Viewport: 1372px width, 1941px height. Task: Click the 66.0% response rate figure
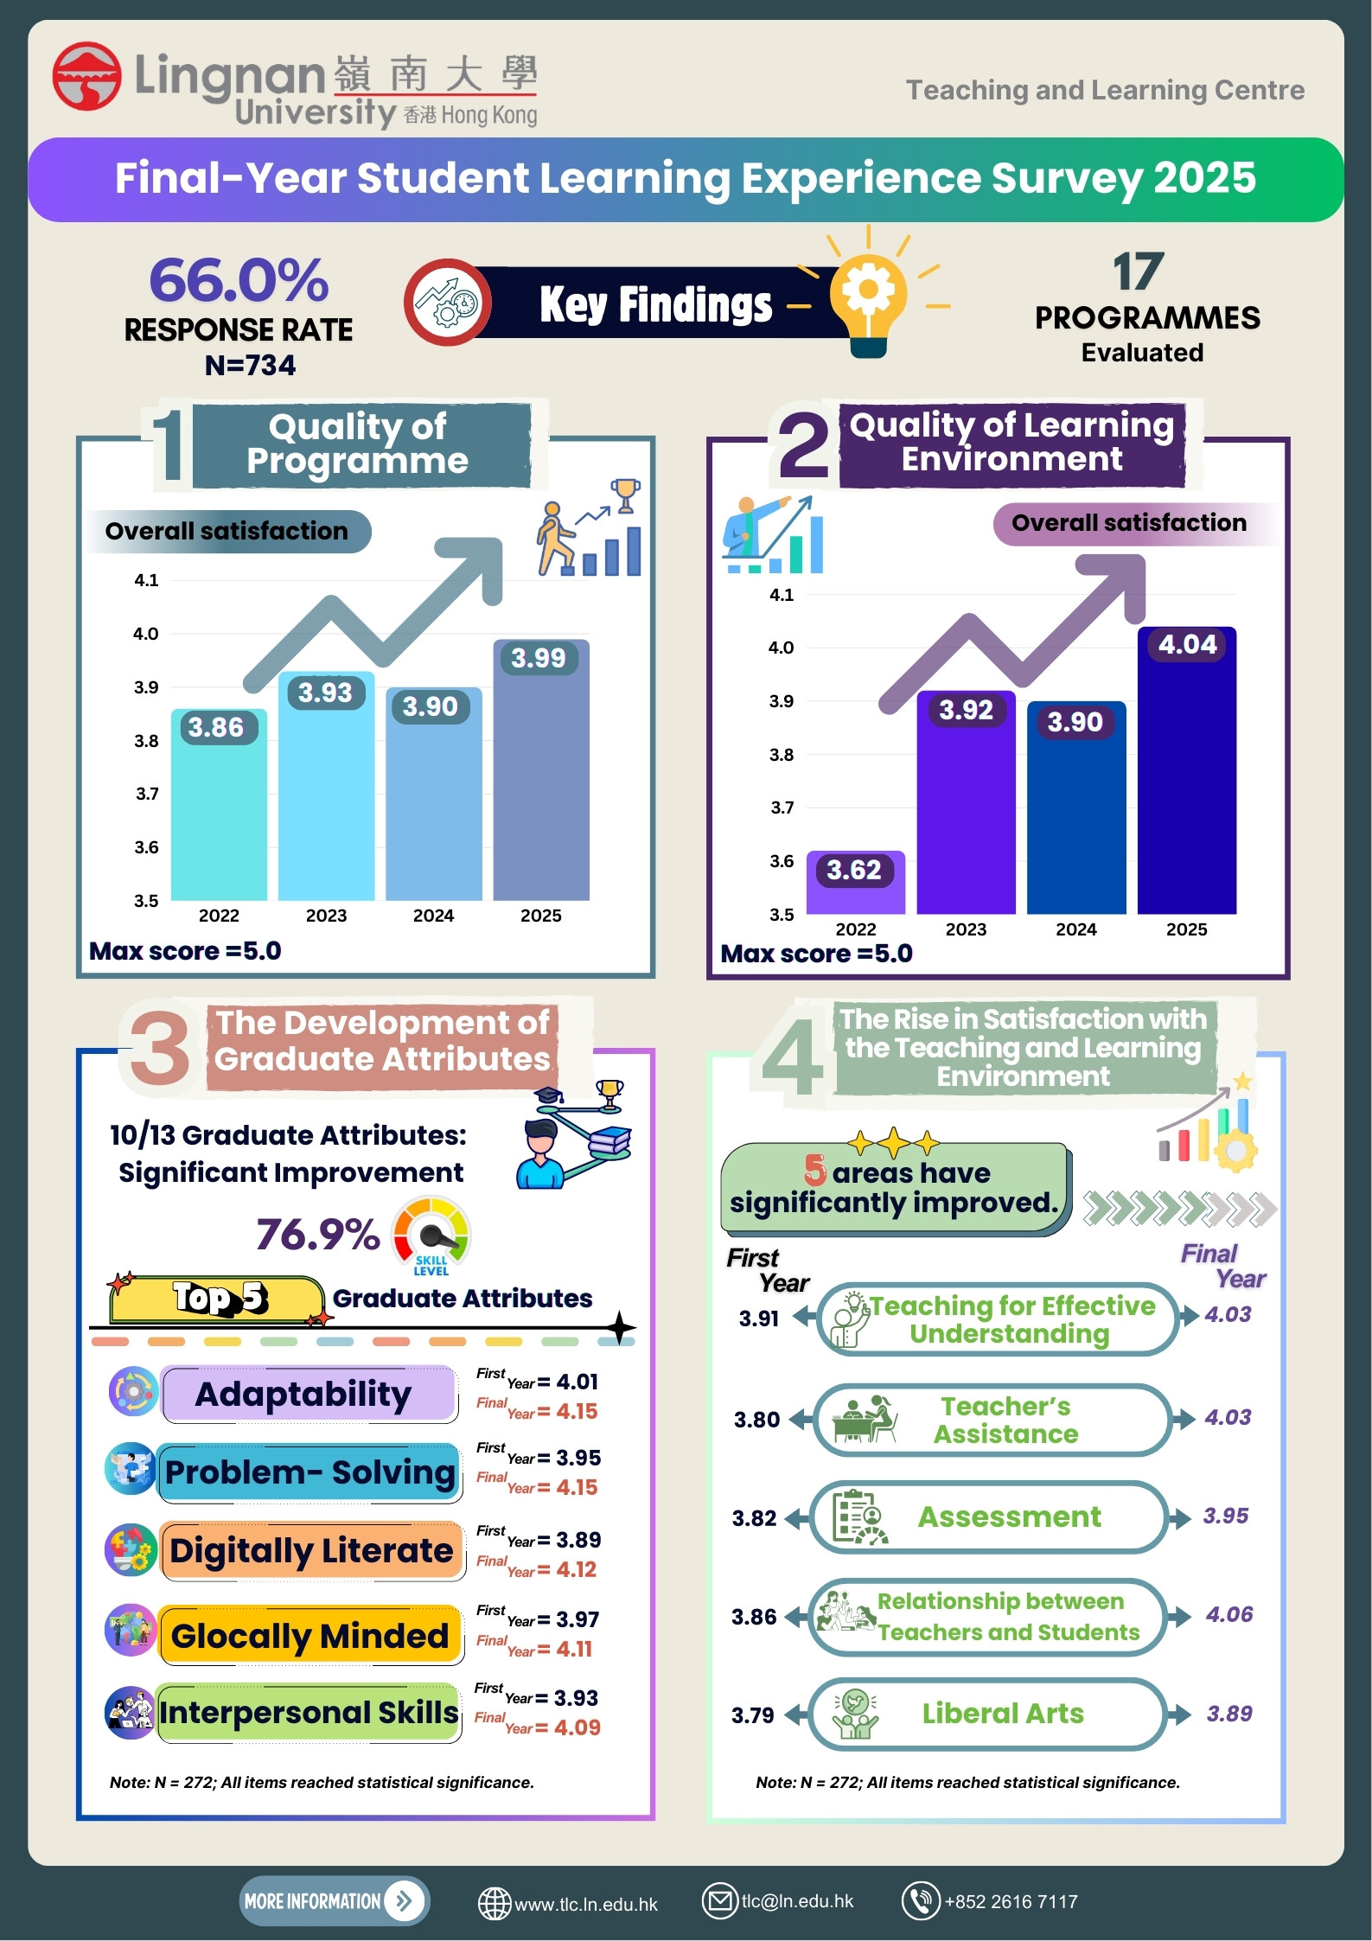coord(239,279)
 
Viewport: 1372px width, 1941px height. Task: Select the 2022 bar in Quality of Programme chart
coord(219,804)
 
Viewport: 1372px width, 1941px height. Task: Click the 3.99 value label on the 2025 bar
coord(538,658)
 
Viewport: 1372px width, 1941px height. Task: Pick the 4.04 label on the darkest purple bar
coord(1187,644)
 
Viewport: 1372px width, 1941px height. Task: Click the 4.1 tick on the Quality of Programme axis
coord(146,580)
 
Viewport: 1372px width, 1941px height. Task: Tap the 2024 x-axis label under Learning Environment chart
coord(1076,929)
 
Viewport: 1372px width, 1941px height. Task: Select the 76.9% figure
coord(317,1234)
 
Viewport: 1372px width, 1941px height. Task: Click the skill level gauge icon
coord(431,1235)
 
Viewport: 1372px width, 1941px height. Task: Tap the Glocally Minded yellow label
coord(310,1635)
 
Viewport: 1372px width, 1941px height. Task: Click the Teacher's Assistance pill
coord(992,1420)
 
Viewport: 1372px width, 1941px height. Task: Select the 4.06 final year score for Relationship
coord(1229,1614)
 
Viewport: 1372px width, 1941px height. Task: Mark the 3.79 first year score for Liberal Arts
coord(753,1715)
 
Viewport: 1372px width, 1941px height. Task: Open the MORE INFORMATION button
coord(335,1900)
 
